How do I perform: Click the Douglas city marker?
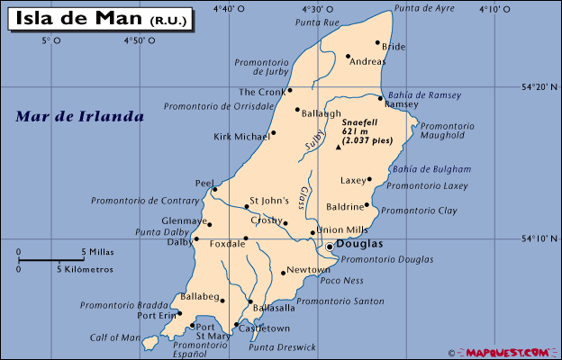click(x=330, y=245)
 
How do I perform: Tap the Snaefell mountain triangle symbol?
click(x=339, y=147)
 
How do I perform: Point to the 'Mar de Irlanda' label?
click(x=80, y=117)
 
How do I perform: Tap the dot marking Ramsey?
click(x=381, y=98)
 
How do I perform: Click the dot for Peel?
click(x=214, y=189)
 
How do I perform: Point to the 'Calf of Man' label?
click(x=114, y=338)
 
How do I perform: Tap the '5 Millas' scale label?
click(x=96, y=252)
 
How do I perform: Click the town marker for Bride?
click(x=377, y=42)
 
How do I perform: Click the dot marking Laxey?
click(x=369, y=180)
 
